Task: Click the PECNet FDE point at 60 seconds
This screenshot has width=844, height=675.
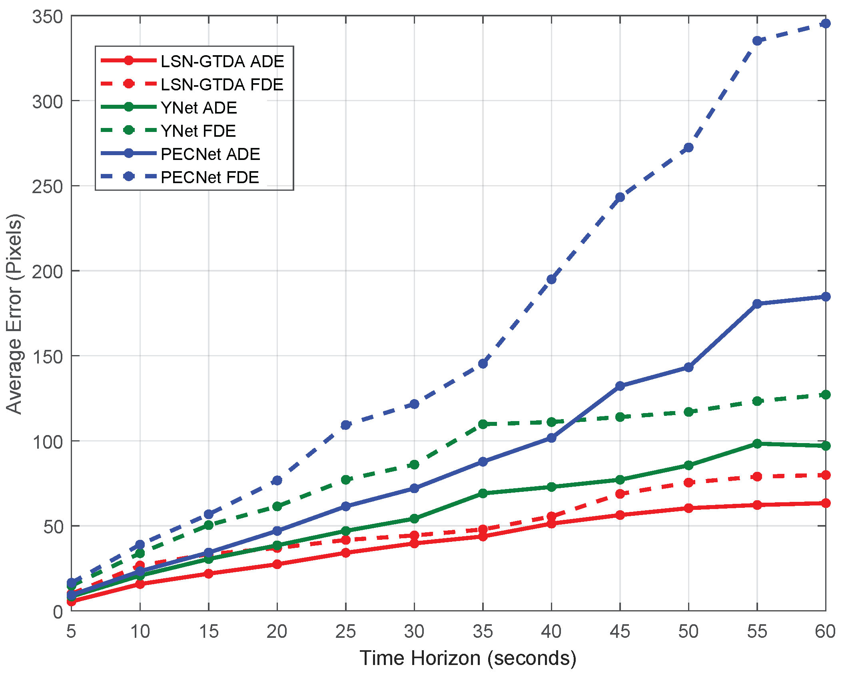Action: tap(825, 24)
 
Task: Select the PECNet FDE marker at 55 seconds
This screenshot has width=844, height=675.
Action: tap(757, 41)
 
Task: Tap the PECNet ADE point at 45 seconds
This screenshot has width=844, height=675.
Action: tap(620, 386)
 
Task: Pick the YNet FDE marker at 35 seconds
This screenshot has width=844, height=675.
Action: tap(483, 424)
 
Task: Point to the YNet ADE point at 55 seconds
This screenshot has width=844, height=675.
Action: tap(757, 443)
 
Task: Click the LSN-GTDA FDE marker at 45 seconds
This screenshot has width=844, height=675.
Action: tap(620, 494)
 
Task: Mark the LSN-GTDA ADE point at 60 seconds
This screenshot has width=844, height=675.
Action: tap(825, 503)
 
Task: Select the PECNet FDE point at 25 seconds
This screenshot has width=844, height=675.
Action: tap(346, 425)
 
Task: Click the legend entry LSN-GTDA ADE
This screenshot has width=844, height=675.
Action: tap(222, 61)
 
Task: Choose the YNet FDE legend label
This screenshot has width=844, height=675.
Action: tap(198, 131)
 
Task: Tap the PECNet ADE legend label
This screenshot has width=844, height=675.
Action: tap(210, 154)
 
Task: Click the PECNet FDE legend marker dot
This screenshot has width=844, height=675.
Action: tap(129, 176)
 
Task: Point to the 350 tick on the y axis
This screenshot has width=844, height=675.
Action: tap(48, 17)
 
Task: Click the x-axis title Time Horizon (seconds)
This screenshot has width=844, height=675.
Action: tap(468, 659)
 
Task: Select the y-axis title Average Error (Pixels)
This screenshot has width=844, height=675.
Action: tap(14, 314)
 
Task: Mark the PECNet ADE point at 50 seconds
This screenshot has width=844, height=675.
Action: tap(688, 367)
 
